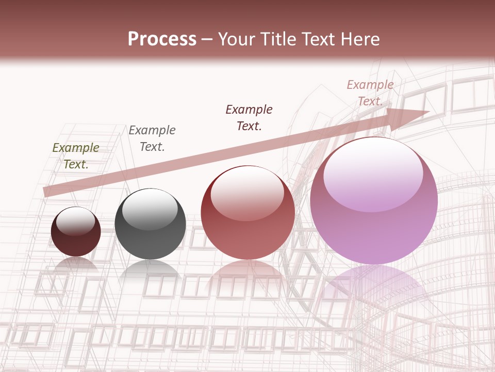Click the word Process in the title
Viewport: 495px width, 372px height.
tap(162, 39)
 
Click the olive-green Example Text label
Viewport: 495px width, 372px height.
tap(76, 156)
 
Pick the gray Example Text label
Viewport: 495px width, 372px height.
tap(152, 138)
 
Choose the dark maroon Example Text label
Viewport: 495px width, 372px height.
tap(249, 118)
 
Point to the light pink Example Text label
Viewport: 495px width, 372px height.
tap(370, 93)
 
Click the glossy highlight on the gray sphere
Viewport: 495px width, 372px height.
tap(150, 209)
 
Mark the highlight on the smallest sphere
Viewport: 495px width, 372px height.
tap(76, 221)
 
